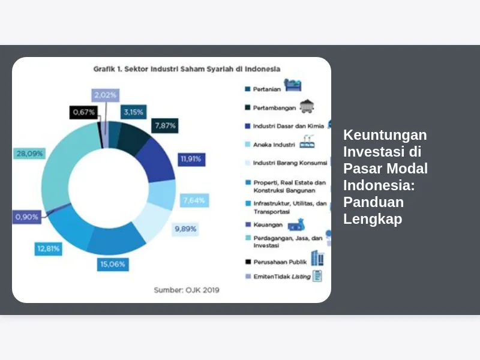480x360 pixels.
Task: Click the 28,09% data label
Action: pyautogui.click(x=29, y=154)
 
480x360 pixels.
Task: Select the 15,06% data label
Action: pyautogui.click(x=113, y=264)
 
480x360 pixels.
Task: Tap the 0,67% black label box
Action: pyautogui.click(x=83, y=112)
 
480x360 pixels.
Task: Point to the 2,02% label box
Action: pyautogui.click(x=106, y=95)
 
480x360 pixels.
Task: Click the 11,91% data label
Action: pyautogui.click(x=191, y=159)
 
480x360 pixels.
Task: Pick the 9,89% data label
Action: pyautogui.click(x=185, y=229)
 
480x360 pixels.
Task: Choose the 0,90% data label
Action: pyautogui.click(x=26, y=217)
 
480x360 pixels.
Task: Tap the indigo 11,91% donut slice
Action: pyautogui.click(x=157, y=163)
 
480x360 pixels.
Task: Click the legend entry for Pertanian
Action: pyautogui.click(x=263, y=89)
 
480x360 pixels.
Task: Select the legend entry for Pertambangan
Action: pyautogui.click(x=271, y=108)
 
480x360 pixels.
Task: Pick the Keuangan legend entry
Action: pyautogui.click(x=264, y=224)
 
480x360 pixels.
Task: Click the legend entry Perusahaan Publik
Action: pyautogui.click(x=276, y=262)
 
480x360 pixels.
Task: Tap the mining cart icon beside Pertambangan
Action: pyautogui.click(x=307, y=106)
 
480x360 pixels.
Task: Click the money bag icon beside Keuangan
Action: pyautogui.click(x=296, y=225)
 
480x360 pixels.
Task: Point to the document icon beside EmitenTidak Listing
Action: pyautogui.click(x=317, y=276)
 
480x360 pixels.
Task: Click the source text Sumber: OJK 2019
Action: pyautogui.click(x=187, y=290)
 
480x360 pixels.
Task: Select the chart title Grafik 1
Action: pyautogui.click(x=187, y=69)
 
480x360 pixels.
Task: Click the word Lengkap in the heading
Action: pyautogui.click(x=373, y=219)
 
